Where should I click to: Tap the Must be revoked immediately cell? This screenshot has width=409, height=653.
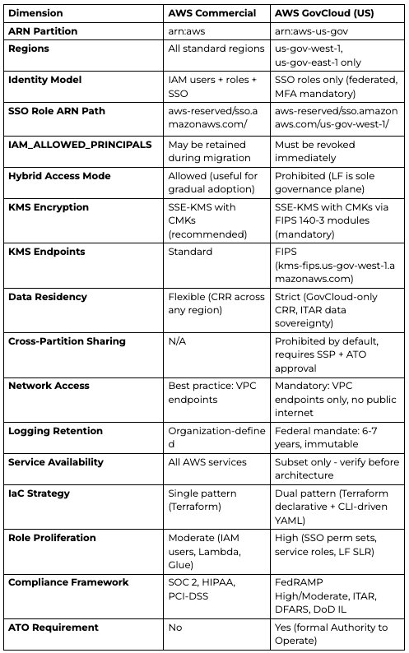(315, 151)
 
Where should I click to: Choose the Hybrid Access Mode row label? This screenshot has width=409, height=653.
(59, 176)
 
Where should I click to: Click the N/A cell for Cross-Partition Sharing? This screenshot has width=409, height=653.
(179, 341)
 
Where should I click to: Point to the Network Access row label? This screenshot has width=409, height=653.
(49, 386)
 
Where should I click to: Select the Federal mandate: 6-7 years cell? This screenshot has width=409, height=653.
(336, 438)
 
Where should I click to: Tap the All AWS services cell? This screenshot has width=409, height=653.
(207, 462)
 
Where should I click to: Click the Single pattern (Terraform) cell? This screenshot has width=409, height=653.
(203, 500)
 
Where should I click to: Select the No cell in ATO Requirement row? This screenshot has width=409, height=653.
(176, 628)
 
